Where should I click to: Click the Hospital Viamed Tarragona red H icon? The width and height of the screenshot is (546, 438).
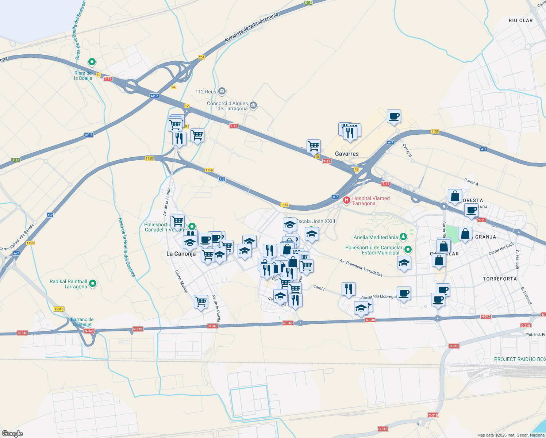pyautogui.click(x=346, y=200)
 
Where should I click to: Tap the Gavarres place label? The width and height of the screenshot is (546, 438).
pyautogui.click(x=347, y=154)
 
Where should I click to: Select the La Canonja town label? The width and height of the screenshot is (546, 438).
pyautogui.click(x=181, y=254)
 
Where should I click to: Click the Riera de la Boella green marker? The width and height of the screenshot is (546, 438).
pyautogui.click(x=92, y=62)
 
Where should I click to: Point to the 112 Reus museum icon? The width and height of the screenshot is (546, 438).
pyautogui.click(x=222, y=91)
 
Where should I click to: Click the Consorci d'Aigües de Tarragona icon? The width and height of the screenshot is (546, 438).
pyautogui.click(x=254, y=106)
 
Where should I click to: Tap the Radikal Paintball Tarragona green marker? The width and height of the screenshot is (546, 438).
pyautogui.click(x=93, y=283)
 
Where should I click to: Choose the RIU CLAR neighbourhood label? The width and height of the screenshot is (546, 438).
pyautogui.click(x=520, y=20)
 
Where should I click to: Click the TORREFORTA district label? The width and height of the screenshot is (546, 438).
pyautogui.click(x=500, y=279)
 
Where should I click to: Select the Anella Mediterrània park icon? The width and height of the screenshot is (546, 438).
pyautogui.click(x=403, y=237)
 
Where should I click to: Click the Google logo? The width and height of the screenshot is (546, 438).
pyautogui.click(x=12, y=434)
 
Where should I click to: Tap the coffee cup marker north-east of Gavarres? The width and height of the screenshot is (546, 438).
pyautogui.click(x=394, y=117)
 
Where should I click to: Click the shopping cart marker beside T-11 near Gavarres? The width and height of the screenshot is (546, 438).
pyautogui.click(x=314, y=146)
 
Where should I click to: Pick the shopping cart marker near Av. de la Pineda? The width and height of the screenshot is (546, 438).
pyautogui.click(x=201, y=302)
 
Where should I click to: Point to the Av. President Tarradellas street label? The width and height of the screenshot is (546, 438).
pyautogui.click(x=361, y=268)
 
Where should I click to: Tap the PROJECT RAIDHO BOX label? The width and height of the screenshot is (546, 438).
pyautogui.click(x=520, y=359)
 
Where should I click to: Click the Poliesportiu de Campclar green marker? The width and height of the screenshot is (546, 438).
pyautogui.click(x=408, y=250)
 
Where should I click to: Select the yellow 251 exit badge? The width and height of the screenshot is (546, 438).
pyautogui.click(x=201, y=57)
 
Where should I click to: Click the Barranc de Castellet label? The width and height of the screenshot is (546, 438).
pyautogui.click(x=82, y=322)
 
